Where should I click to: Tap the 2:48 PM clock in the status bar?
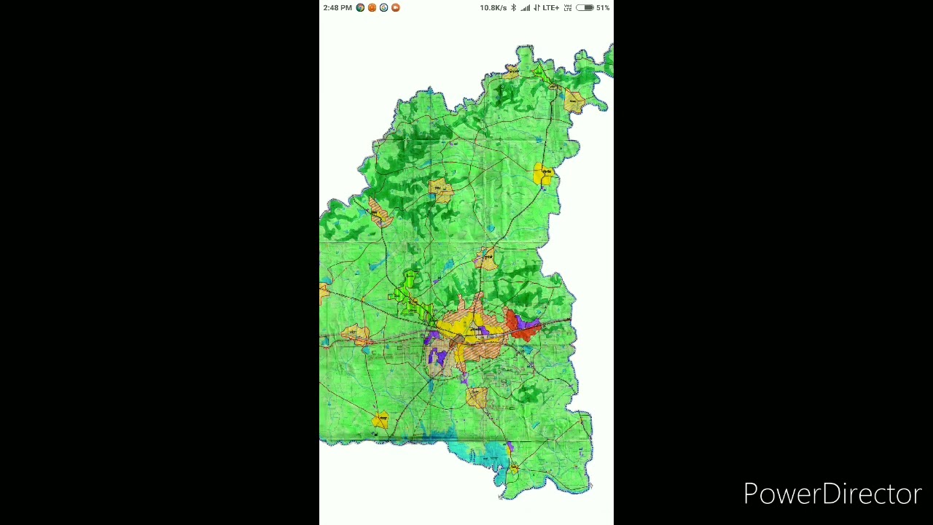pos(337,8)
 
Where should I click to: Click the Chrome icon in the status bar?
pos(360,8)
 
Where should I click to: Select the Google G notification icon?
pos(383,8)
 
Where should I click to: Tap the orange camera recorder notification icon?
pos(396,8)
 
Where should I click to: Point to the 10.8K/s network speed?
pos(493,8)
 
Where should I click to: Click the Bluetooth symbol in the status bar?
pos(513,8)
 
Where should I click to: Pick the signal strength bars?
pos(526,8)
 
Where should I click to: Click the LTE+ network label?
pos(550,8)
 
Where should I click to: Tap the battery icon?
pos(585,8)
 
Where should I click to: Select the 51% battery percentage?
pos(603,8)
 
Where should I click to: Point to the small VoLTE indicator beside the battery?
pos(568,8)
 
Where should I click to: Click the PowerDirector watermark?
pos(832,494)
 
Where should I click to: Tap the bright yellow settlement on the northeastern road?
pos(543,174)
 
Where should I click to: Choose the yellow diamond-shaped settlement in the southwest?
pos(380,420)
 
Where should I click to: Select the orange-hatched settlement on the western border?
pos(378,213)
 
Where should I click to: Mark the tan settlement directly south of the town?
pos(477,397)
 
